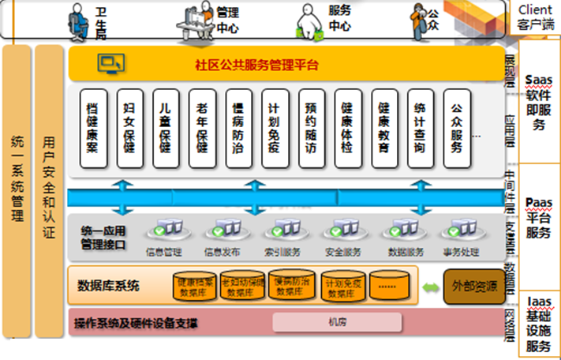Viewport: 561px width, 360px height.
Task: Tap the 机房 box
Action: (337, 323)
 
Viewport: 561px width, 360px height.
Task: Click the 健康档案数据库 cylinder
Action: (193, 287)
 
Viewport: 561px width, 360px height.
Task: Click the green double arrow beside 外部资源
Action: (430, 287)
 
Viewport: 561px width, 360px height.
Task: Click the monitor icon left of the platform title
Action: (110, 63)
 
